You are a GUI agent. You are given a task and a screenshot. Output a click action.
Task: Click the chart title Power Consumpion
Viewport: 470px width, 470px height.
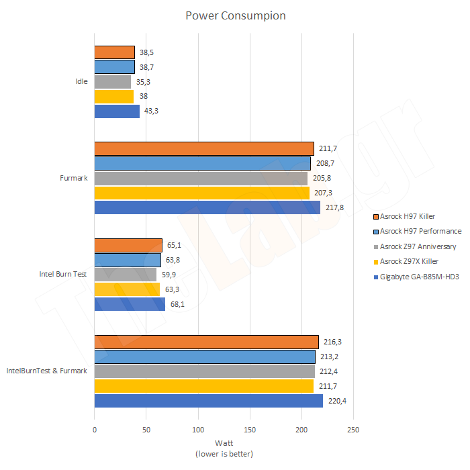tap(235, 15)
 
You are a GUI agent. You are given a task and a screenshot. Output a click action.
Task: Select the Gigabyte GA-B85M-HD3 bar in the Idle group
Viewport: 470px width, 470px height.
tap(117, 111)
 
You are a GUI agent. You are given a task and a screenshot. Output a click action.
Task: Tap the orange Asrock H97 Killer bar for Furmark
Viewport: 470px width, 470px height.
tap(204, 148)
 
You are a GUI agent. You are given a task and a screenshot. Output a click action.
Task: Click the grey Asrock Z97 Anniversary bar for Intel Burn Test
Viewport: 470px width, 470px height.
tap(125, 275)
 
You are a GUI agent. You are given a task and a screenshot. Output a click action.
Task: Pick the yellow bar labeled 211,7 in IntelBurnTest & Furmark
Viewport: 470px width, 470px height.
tap(203, 386)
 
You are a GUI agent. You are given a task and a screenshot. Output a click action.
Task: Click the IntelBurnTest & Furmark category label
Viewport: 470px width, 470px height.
tap(46, 371)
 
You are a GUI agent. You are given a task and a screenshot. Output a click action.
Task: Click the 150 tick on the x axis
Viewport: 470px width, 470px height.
tap(250, 430)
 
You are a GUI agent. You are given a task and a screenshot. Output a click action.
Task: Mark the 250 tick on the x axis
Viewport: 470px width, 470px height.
tap(353, 430)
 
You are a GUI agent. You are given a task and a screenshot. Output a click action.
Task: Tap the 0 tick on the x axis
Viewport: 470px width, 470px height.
tap(95, 430)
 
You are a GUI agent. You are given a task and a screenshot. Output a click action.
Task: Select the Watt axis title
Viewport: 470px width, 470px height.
tap(224, 443)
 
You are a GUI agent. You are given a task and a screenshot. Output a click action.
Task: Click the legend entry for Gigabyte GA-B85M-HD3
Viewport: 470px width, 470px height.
tap(419, 277)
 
